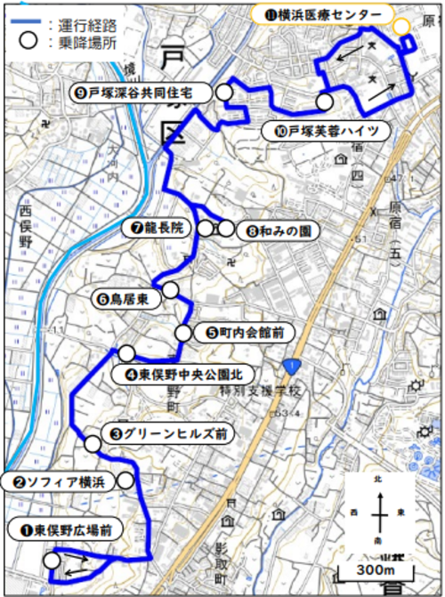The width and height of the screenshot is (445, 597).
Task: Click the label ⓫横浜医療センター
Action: pyautogui.click(x=318, y=16)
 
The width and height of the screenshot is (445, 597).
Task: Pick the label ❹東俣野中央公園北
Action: pyautogui.click(x=185, y=375)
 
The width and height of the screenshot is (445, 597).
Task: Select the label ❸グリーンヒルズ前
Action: pyautogui.click(x=166, y=434)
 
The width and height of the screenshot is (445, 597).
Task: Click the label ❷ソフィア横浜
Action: pyautogui.click(x=58, y=481)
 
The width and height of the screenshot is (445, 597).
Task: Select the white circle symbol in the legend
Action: pyautogui.click(x=29, y=40)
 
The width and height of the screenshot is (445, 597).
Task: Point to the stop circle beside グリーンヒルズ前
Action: pyautogui.click(x=93, y=443)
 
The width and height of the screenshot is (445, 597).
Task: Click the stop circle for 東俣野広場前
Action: pyautogui.click(x=52, y=561)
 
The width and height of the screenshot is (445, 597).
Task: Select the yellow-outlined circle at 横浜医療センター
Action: pyautogui.click(x=402, y=26)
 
